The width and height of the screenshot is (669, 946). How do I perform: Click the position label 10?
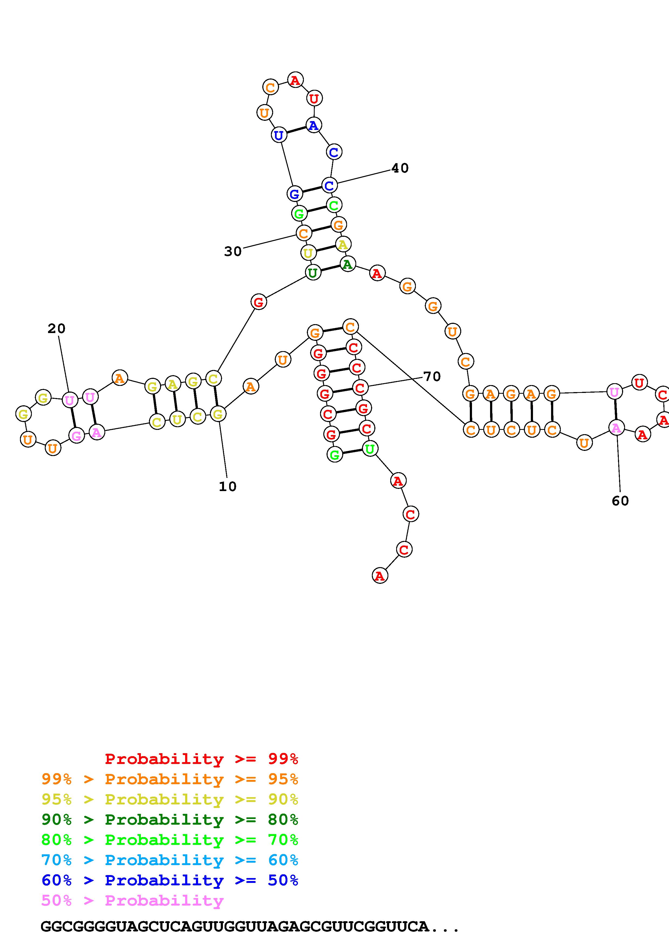point(227,486)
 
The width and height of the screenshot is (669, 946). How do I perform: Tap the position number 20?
point(56,328)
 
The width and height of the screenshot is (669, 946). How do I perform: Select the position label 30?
point(232,251)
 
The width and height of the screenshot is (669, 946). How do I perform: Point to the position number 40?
point(400,168)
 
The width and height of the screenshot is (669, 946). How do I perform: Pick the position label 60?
point(620,501)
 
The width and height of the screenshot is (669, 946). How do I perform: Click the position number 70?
point(432,376)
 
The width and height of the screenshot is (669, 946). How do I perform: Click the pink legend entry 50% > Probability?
point(132,901)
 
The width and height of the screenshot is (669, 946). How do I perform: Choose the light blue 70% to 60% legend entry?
point(170,860)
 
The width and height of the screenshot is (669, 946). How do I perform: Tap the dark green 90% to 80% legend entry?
point(170,820)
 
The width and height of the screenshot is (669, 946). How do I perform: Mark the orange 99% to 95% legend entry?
point(170,780)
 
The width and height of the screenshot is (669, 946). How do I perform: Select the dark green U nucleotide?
point(313,272)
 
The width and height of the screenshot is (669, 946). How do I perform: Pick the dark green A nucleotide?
point(348,264)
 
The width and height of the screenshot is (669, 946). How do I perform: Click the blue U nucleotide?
point(279,135)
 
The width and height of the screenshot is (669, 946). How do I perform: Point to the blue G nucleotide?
point(294,193)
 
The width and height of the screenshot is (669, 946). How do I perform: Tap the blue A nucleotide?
point(314,125)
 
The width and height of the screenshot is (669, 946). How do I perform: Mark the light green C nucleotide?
point(334,205)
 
